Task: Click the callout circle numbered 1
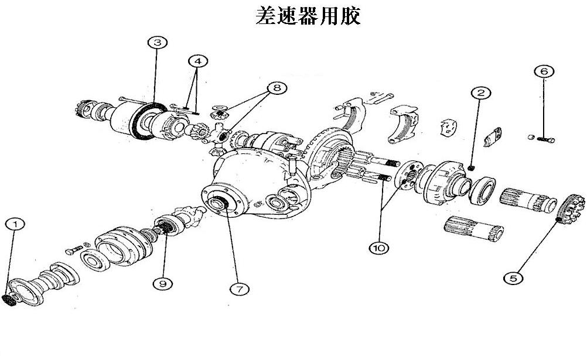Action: [15, 224]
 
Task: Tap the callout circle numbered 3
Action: [158, 43]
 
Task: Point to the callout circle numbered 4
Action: [197, 61]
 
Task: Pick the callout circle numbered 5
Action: [514, 278]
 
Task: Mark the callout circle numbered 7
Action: [238, 289]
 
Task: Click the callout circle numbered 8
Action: [276, 88]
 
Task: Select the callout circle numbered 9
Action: [163, 283]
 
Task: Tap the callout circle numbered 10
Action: [378, 248]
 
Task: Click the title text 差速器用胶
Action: [308, 16]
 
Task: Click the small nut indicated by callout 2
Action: [473, 170]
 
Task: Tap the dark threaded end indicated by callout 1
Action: [10, 300]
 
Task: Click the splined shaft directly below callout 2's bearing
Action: [472, 229]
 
